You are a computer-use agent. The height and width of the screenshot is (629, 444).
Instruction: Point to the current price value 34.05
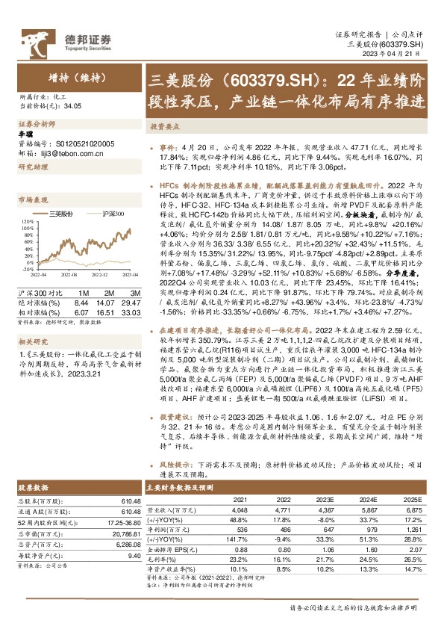coord(72,106)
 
